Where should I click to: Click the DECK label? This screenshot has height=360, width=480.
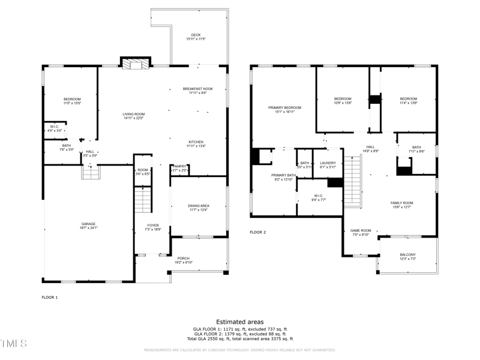[x=196, y=35]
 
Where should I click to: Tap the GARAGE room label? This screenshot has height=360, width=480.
[x=88, y=224]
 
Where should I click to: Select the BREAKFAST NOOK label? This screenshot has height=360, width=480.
[x=197, y=89]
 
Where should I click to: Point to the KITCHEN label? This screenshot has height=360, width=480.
[x=197, y=142]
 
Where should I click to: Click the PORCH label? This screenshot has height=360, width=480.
[x=183, y=259]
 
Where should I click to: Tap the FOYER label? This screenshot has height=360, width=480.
[x=153, y=225]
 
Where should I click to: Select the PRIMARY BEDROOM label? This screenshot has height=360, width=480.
[x=284, y=108]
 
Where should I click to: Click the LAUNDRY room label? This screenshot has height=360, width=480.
[x=328, y=163]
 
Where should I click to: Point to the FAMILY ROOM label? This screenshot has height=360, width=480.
[x=401, y=203]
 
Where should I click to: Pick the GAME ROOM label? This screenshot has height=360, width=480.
[x=361, y=230]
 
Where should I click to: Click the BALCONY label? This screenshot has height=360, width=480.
[x=407, y=255]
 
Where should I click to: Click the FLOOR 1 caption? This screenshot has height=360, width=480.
[x=49, y=297]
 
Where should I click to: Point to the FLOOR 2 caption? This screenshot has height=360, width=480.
[x=257, y=232]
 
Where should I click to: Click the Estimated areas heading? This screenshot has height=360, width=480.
[x=239, y=322]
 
